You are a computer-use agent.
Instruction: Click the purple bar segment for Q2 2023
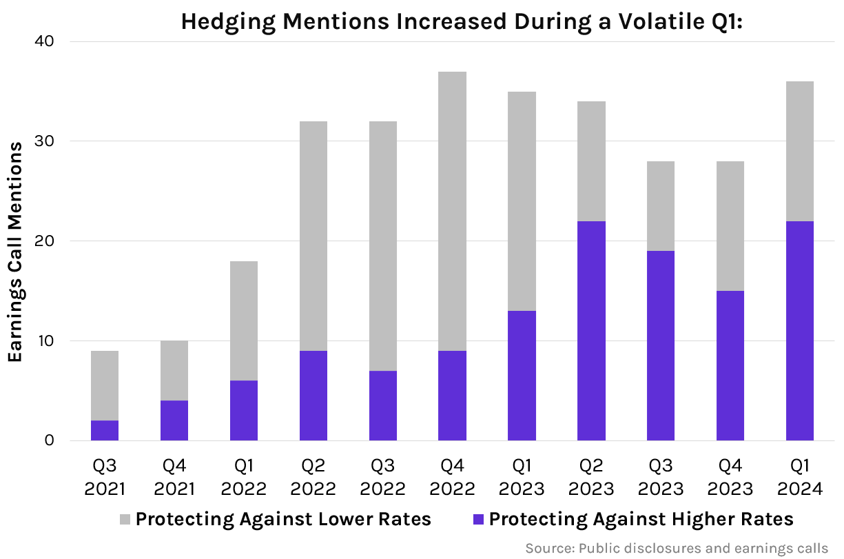(x=591, y=331)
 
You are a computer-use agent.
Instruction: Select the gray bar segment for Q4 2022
(x=452, y=211)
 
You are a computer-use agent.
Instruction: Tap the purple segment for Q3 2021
(x=105, y=431)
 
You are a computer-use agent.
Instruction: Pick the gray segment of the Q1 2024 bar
(x=800, y=151)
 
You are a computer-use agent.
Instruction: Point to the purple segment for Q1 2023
(x=522, y=376)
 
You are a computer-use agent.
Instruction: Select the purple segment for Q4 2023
(x=730, y=365)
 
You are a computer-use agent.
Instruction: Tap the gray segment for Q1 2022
(x=244, y=321)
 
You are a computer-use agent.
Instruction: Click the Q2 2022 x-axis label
(x=313, y=478)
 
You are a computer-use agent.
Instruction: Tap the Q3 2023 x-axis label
(x=661, y=478)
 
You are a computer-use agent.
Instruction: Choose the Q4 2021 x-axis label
(x=174, y=478)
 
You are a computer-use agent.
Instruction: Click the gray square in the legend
(x=125, y=519)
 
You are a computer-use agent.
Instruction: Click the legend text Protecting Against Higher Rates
(x=641, y=519)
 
